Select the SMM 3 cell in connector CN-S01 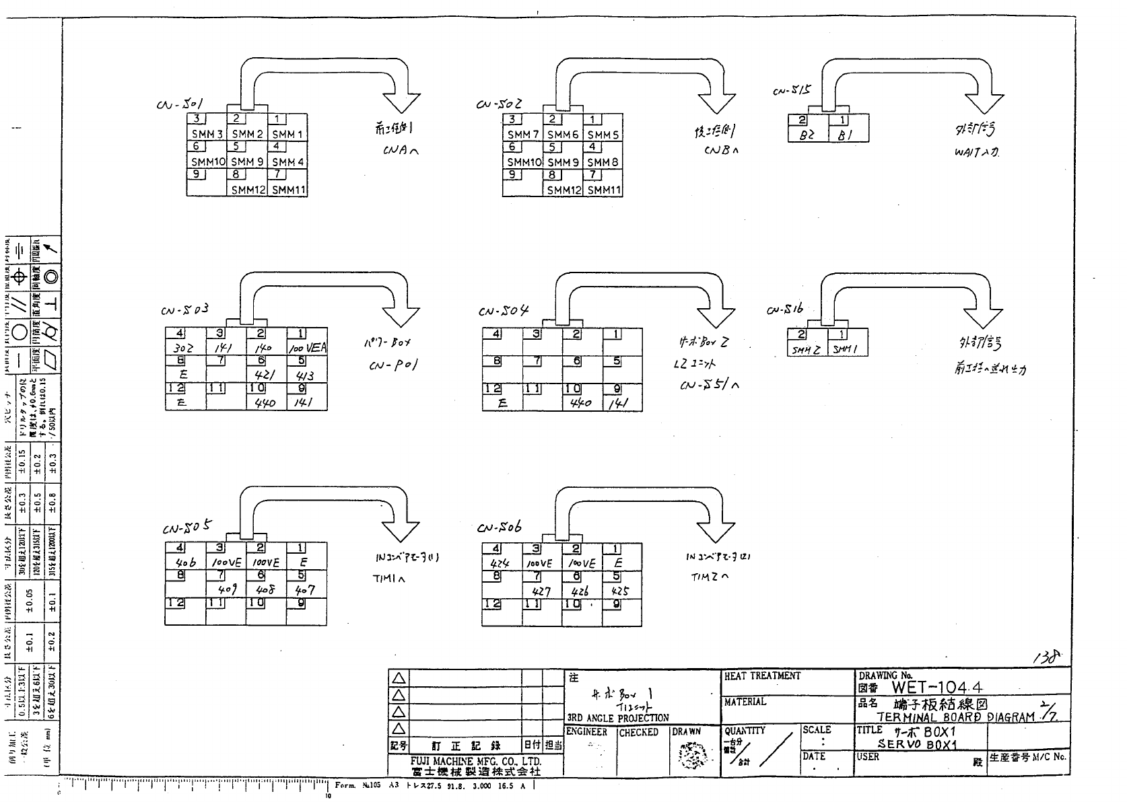click(x=207, y=134)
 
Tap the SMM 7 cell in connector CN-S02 click(x=523, y=134)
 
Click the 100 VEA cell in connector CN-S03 click(x=307, y=349)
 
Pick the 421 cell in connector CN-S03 click(x=266, y=375)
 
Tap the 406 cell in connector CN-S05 click(x=185, y=563)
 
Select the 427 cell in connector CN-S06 click(x=542, y=591)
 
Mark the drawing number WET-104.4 click(x=936, y=687)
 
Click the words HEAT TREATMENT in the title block click(x=762, y=676)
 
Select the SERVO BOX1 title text click(x=917, y=744)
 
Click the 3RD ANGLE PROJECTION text click(x=618, y=718)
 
